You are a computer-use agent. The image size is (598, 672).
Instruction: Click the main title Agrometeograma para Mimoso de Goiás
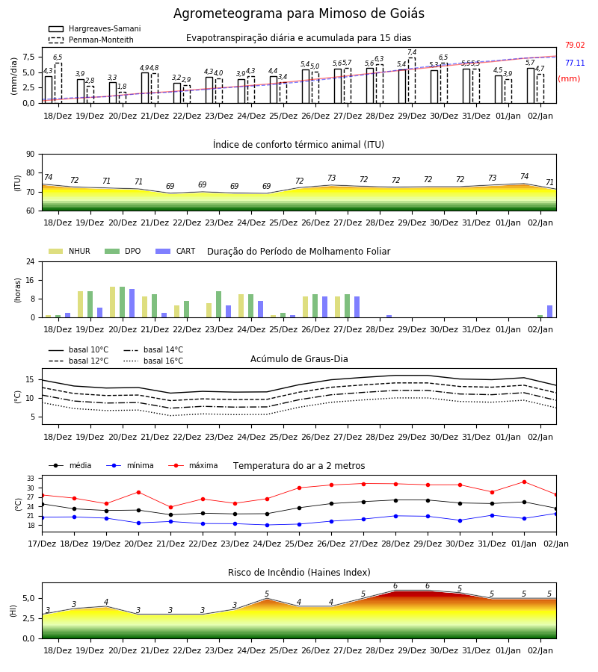pyautogui.click(x=298, y=13)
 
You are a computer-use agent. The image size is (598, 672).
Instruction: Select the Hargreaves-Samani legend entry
pyautogui.click(x=95, y=28)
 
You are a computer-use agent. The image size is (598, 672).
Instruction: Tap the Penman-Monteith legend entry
pyautogui.click(x=91, y=40)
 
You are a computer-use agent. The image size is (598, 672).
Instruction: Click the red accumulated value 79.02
pyautogui.click(x=575, y=45)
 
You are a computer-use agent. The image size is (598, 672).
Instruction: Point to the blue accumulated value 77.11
pyautogui.click(x=575, y=63)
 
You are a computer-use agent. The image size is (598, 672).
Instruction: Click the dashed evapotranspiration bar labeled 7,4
pyautogui.click(x=412, y=81)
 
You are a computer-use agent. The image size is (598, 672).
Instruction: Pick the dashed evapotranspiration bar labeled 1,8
pyautogui.click(x=123, y=98)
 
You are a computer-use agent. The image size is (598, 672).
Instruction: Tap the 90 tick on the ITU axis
pyautogui.click(x=31, y=155)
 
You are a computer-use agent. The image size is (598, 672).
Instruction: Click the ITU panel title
pyautogui.click(x=298, y=144)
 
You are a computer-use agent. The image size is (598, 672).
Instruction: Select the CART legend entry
pyautogui.click(x=176, y=251)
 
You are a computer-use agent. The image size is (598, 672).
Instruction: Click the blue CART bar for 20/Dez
pyautogui.click(x=132, y=303)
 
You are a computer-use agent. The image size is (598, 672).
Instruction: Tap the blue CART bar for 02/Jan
pyautogui.click(x=550, y=311)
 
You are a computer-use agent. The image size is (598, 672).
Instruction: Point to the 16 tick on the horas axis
pyautogui.click(x=31, y=280)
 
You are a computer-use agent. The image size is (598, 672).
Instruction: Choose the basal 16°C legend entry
pyautogui.click(x=153, y=361)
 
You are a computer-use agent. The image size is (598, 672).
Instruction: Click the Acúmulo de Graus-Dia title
pyautogui.click(x=299, y=358)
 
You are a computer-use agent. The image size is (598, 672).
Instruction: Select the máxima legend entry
pyautogui.click(x=193, y=465)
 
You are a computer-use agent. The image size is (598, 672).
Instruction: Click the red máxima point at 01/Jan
pyautogui.click(x=524, y=482)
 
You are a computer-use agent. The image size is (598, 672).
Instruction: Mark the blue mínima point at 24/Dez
pyautogui.click(x=268, y=525)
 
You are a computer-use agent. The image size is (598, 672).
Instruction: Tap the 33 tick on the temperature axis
pyautogui.click(x=31, y=479)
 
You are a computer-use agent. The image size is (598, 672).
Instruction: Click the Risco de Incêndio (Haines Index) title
pyautogui.click(x=299, y=573)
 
